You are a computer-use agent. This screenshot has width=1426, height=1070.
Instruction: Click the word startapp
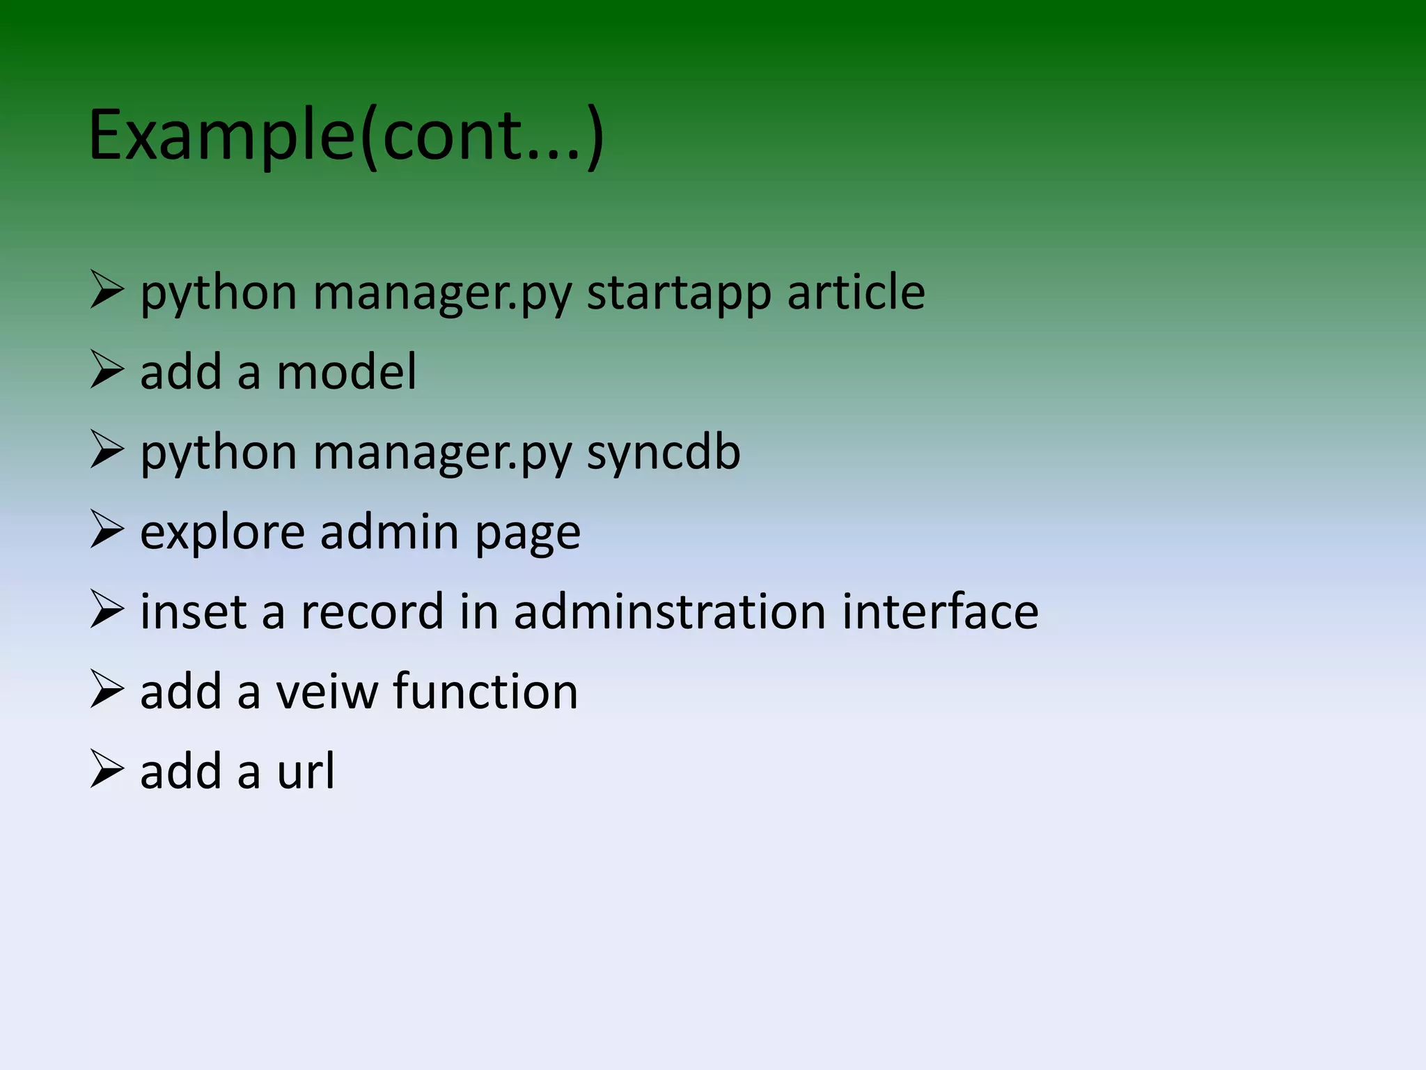tap(679, 293)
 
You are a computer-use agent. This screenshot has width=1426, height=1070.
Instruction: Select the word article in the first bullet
tap(856, 293)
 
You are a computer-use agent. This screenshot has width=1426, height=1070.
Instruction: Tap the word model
tap(347, 372)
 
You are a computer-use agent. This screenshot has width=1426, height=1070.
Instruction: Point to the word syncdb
tap(664, 453)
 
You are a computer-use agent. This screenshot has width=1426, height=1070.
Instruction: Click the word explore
tap(222, 533)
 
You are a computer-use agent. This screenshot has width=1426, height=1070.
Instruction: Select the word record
tap(372, 612)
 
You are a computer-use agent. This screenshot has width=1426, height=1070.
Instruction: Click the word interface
tap(940, 612)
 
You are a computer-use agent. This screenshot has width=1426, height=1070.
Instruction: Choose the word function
tap(485, 692)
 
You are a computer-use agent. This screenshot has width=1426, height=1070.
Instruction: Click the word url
tap(306, 771)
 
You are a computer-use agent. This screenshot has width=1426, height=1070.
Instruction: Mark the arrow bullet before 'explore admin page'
tap(107, 530)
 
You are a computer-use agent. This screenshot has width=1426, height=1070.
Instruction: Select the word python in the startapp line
tap(219, 294)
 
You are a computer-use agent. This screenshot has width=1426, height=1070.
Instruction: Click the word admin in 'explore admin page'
tap(389, 533)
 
